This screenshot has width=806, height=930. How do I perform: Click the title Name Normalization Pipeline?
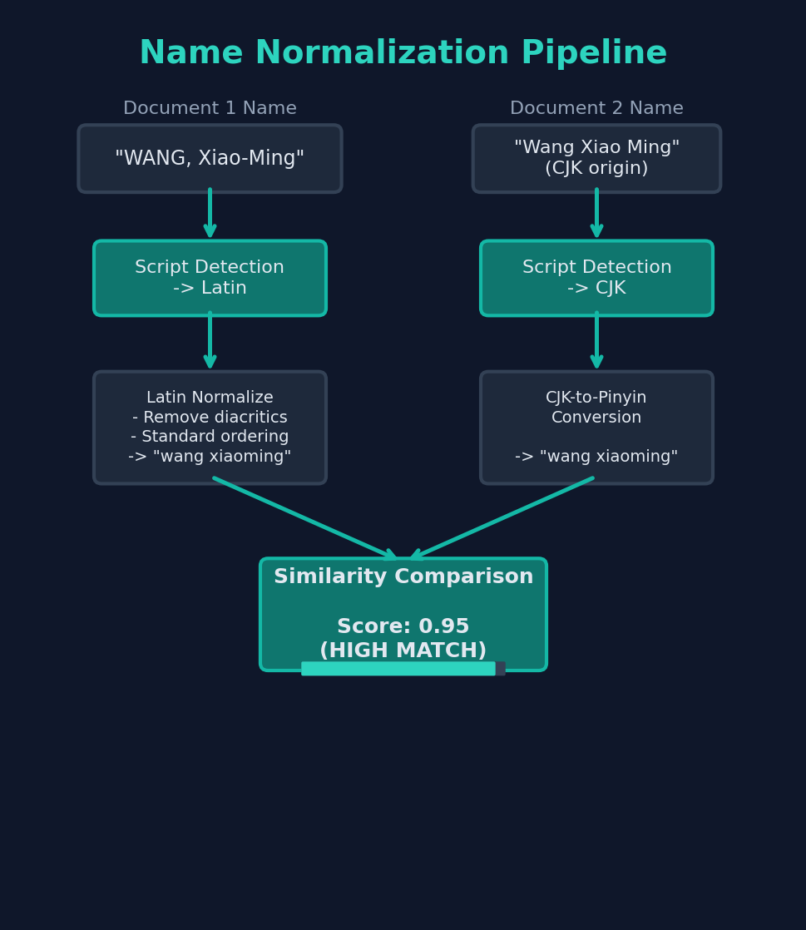coord(403,54)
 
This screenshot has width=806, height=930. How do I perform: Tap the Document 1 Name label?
coord(210,109)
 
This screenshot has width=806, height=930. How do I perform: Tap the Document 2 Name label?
coord(596,109)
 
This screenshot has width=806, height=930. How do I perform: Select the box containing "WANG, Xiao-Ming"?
coord(210,159)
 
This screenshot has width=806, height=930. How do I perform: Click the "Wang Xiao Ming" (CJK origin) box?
coord(596,159)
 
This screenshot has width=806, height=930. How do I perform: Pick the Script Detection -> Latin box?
coord(210,278)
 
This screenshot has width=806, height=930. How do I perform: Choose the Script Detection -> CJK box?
coord(596,278)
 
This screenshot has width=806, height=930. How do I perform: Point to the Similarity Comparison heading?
coord(403,577)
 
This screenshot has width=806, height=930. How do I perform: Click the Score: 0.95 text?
coord(403,627)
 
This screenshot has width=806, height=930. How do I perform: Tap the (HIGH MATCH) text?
coord(403,651)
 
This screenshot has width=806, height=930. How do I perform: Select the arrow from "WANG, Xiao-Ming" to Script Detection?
coord(210,215)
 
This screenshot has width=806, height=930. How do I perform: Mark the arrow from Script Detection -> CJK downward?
coord(596,341)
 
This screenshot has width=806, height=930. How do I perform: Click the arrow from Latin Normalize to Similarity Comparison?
coord(304,517)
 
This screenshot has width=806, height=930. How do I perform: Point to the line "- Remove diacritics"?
coord(210,418)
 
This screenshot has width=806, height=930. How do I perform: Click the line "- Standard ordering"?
coord(210,438)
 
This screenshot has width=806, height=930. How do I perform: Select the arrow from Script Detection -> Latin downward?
coord(210,341)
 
